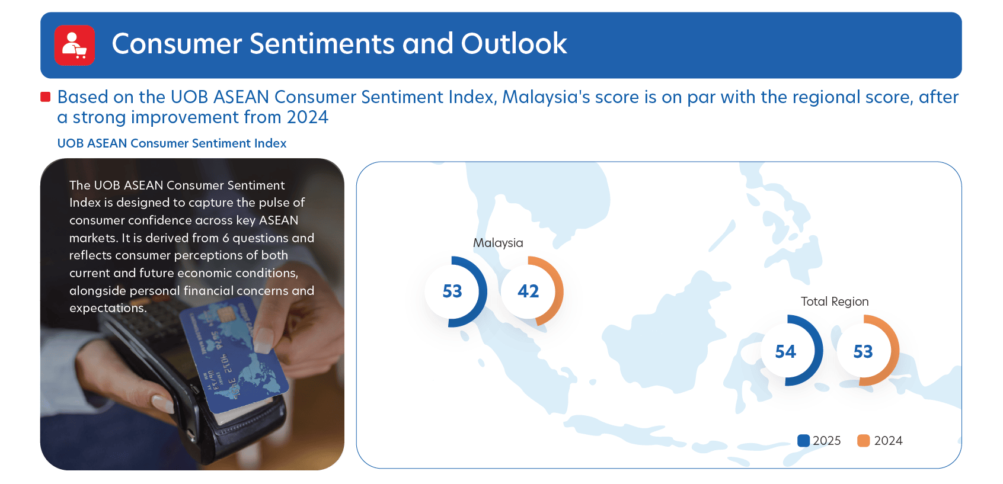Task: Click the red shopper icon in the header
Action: pyautogui.click(x=74, y=45)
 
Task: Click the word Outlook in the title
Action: pyautogui.click(x=513, y=44)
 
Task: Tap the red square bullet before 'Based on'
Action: pyautogui.click(x=45, y=97)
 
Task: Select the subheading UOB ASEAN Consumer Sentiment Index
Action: pyautogui.click(x=171, y=143)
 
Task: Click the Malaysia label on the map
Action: pyautogui.click(x=498, y=243)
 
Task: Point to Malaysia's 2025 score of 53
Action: pyautogui.click(x=452, y=291)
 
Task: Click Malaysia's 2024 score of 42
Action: pyautogui.click(x=528, y=291)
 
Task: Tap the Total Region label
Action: pyautogui.click(x=835, y=302)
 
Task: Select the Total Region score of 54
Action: pyautogui.click(x=785, y=351)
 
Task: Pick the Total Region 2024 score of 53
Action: pyautogui.click(x=863, y=351)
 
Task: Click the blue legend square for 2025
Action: pyautogui.click(x=804, y=441)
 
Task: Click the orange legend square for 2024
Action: pyautogui.click(x=863, y=441)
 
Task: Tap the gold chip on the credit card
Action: pyautogui.click(x=227, y=315)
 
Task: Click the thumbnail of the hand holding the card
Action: pyautogui.click(x=192, y=314)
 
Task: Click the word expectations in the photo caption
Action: pyautogui.click(x=108, y=308)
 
